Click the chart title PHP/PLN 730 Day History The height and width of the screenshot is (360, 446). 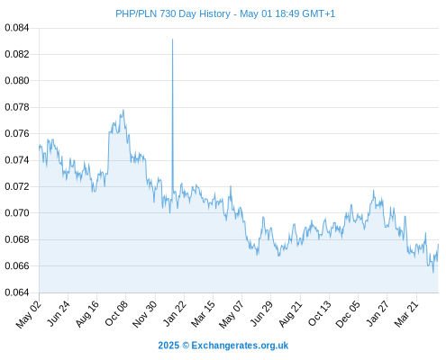[x=173, y=14]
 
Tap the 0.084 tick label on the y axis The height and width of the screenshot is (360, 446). [x=17, y=28]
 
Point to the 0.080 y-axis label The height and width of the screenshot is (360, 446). [x=17, y=81]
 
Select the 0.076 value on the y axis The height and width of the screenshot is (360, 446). [x=17, y=134]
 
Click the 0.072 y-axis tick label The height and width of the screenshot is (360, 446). [x=17, y=186]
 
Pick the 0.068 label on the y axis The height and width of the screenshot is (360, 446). [x=17, y=239]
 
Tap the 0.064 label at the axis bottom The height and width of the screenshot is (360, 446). [x=17, y=292]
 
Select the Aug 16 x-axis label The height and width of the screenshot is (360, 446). [x=87, y=313]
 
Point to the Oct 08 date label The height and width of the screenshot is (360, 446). [x=116, y=313]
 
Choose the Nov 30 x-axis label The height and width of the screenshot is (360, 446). [x=145, y=314]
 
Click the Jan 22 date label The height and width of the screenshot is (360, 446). [x=175, y=313]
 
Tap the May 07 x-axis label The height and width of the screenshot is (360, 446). [x=232, y=314]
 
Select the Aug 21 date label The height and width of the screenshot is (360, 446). [x=290, y=313]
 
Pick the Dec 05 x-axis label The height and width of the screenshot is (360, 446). [x=348, y=314]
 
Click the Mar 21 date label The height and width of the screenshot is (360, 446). [x=406, y=313]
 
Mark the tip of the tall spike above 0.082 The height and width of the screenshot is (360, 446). [x=172, y=39]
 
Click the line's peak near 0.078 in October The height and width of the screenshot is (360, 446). [x=123, y=110]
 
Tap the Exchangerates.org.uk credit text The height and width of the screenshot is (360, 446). [x=240, y=346]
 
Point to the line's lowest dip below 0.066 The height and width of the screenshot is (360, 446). [x=433, y=272]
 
